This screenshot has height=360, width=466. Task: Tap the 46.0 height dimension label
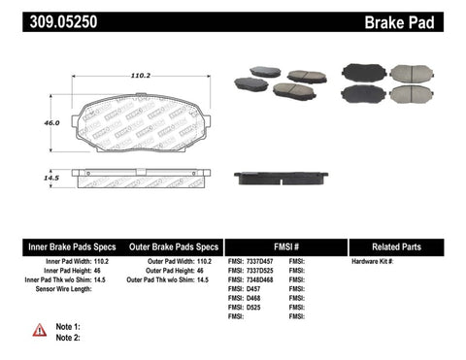tap(50, 123)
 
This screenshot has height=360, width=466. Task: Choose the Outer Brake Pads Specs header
tap(170, 247)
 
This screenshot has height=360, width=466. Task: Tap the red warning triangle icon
tap(39, 331)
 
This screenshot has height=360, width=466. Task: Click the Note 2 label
tap(69, 337)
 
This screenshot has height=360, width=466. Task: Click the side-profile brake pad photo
tap(280, 178)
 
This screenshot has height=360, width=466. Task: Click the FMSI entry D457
tap(247, 289)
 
